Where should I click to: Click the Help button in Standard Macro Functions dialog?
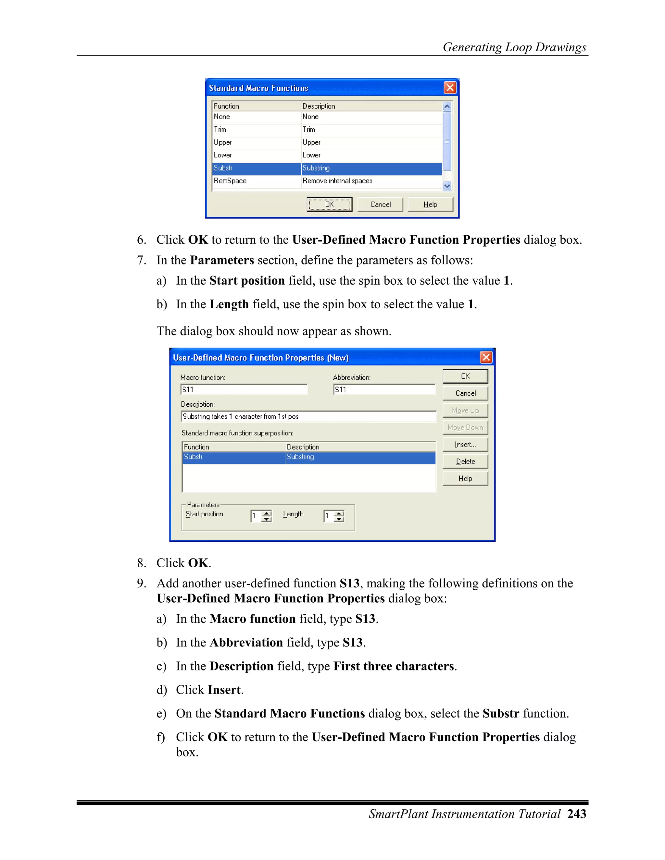pyautogui.click(x=430, y=204)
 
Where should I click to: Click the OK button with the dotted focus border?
pyautogui.click(x=329, y=204)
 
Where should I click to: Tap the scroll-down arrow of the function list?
pyautogui.click(x=447, y=186)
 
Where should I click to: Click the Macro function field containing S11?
pyautogui.click(x=244, y=389)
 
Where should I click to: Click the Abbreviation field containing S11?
pyautogui.click(x=384, y=389)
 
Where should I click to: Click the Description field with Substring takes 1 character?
pyautogui.click(x=308, y=416)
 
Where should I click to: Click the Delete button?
pyautogui.click(x=465, y=461)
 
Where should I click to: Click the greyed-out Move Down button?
pyautogui.click(x=465, y=427)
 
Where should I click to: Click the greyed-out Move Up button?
pyautogui.click(x=465, y=410)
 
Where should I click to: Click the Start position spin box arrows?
pyautogui.click(x=267, y=516)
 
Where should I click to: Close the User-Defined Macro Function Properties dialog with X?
pyautogui.click(x=486, y=357)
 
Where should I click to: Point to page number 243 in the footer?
pyautogui.click(x=577, y=814)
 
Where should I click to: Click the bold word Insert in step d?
pyautogui.click(x=224, y=690)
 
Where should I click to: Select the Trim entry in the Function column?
pyautogui.click(x=220, y=129)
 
